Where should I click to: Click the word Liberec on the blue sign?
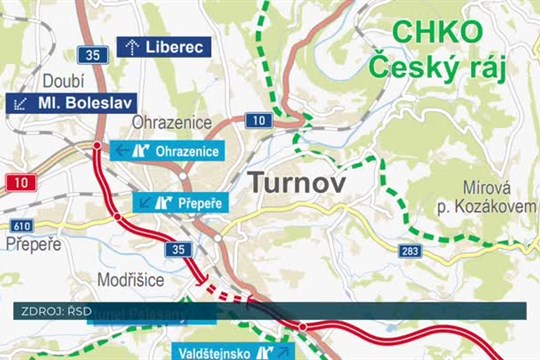175,46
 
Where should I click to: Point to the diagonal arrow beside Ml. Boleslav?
20,103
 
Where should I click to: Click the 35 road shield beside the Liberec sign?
93,55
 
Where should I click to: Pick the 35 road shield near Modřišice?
178,249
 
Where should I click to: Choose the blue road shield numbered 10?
258,121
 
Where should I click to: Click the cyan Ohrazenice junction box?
168,151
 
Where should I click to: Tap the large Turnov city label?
296,183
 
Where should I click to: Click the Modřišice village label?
131,280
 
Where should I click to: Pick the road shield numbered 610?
22,227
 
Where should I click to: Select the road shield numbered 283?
410,250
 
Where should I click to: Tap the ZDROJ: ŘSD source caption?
56,311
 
